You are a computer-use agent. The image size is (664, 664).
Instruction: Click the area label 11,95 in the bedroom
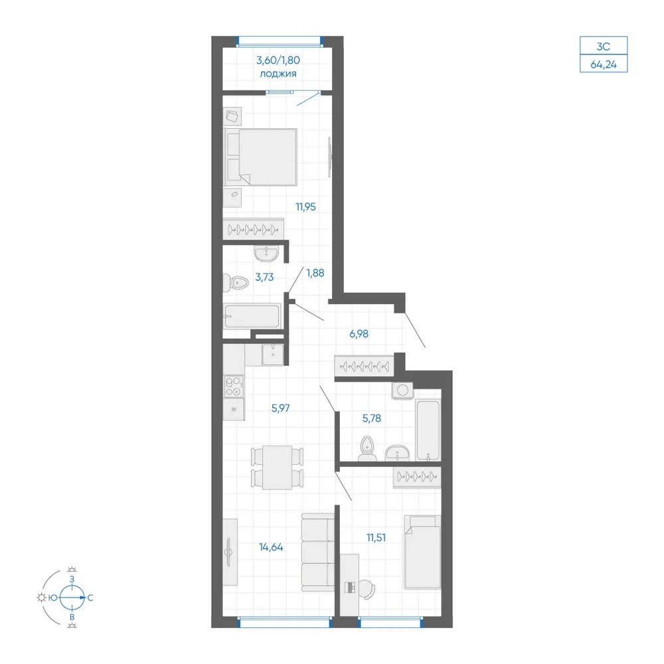(305, 207)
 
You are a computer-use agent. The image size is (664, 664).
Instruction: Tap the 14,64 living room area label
(271, 547)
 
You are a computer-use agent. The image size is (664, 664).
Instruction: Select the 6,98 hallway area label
(359, 334)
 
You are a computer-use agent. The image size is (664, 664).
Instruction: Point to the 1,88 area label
(315, 273)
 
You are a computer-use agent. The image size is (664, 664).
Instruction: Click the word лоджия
(278, 74)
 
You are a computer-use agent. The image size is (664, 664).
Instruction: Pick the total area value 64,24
(604, 64)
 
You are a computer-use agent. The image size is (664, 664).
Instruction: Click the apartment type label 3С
(604, 46)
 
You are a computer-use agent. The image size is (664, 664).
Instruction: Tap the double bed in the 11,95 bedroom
(260, 157)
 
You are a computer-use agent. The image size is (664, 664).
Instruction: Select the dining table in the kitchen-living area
(278, 467)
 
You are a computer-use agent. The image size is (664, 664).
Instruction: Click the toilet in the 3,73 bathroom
(236, 282)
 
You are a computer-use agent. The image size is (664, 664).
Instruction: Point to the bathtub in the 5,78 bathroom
(428, 430)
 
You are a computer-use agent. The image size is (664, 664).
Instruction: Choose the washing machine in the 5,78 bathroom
(402, 390)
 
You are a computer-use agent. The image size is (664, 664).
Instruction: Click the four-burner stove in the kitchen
(234, 386)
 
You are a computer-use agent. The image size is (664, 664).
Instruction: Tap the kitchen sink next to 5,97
(273, 355)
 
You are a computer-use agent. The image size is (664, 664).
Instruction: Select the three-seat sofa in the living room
(317, 552)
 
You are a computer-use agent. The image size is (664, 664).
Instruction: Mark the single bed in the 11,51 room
(422, 552)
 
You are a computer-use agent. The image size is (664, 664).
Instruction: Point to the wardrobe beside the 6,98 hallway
(364, 366)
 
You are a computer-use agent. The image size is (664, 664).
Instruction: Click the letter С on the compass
(90, 598)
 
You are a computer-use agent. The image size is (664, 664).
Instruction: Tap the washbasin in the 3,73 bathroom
(266, 254)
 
